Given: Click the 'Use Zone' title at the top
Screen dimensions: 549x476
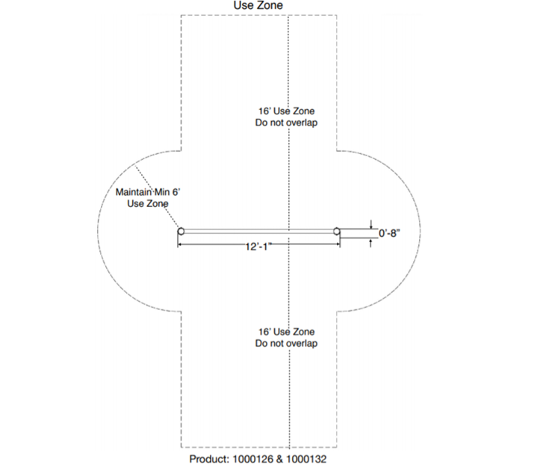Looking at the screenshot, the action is pyautogui.click(x=258, y=5).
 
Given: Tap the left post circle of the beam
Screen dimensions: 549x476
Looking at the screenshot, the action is pyautogui.click(x=181, y=231).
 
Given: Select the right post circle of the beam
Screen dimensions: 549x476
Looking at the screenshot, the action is pyautogui.click(x=336, y=231).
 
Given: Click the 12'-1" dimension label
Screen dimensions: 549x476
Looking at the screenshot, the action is pyautogui.click(x=258, y=247).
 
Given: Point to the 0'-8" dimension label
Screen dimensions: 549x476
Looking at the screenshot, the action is pyautogui.click(x=389, y=233).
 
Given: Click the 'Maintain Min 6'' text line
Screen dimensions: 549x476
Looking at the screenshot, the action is pyautogui.click(x=148, y=192).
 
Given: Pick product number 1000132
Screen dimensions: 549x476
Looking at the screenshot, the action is pyautogui.click(x=306, y=460).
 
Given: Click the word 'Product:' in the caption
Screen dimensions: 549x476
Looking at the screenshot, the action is pyautogui.click(x=209, y=460).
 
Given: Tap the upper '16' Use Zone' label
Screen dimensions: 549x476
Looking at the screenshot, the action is pyautogui.click(x=286, y=111).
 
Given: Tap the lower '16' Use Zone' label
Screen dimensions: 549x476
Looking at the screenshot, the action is pyautogui.click(x=286, y=332).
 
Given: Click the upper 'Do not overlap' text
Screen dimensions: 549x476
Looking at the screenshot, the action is pyautogui.click(x=286, y=123).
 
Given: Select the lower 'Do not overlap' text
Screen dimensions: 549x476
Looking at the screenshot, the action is pyautogui.click(x=286, y=344).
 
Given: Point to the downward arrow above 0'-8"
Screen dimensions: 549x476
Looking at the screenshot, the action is pyautogui.click(x=370, y=224).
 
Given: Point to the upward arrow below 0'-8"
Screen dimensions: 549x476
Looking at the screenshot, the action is pyautogui.click(x=370, y=243).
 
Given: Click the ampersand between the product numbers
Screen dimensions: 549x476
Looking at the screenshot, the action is pyautogui.click(x=279, y=460).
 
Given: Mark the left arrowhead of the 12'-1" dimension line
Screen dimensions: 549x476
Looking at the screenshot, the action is pyautogui.click(x=180, y=244).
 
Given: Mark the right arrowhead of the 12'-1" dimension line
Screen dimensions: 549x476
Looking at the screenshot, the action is pyautogui.click(x=337, y=244).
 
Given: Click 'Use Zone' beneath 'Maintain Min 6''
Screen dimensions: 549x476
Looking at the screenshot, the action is pyautogui.click(x=148, y=204).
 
